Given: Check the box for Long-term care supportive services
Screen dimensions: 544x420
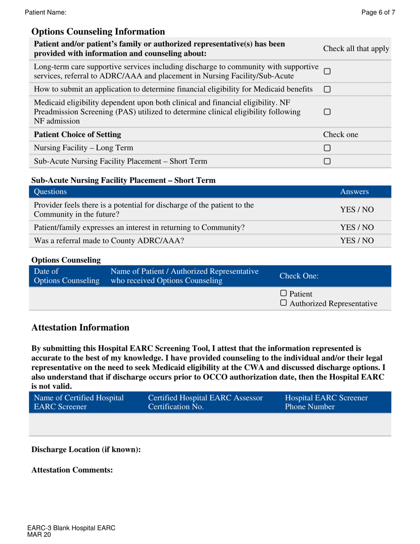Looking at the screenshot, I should (x=327, y=71).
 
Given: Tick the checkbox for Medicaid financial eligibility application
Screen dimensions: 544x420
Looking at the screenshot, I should (x=327, y=89).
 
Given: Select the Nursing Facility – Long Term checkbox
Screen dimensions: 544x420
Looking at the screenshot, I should (x=327, y=148).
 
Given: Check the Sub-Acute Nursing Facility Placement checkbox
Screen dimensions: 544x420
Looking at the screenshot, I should (x=327, y=161).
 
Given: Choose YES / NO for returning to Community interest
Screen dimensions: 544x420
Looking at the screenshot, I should (x=357, y=228).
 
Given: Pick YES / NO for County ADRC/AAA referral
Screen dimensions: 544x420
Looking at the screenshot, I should (x=357, y=241).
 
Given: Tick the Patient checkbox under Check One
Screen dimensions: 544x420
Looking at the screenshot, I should (x=283, y=294).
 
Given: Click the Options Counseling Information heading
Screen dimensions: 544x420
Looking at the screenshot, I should (x=98, y=32).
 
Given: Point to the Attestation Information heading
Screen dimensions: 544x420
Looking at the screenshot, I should (x=80, y=328).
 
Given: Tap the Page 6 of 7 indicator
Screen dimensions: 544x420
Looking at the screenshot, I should (x=378, y=13).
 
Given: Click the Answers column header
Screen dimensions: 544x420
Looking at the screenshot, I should (x=355, y=192).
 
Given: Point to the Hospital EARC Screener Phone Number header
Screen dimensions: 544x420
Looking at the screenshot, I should (x=326, y=402).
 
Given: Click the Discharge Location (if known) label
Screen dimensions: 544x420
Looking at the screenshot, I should (x=86, y=449).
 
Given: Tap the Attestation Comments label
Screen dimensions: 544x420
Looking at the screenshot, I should (x=72, y=470).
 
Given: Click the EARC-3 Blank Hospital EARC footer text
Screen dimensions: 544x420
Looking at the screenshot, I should (x=71, y=528).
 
